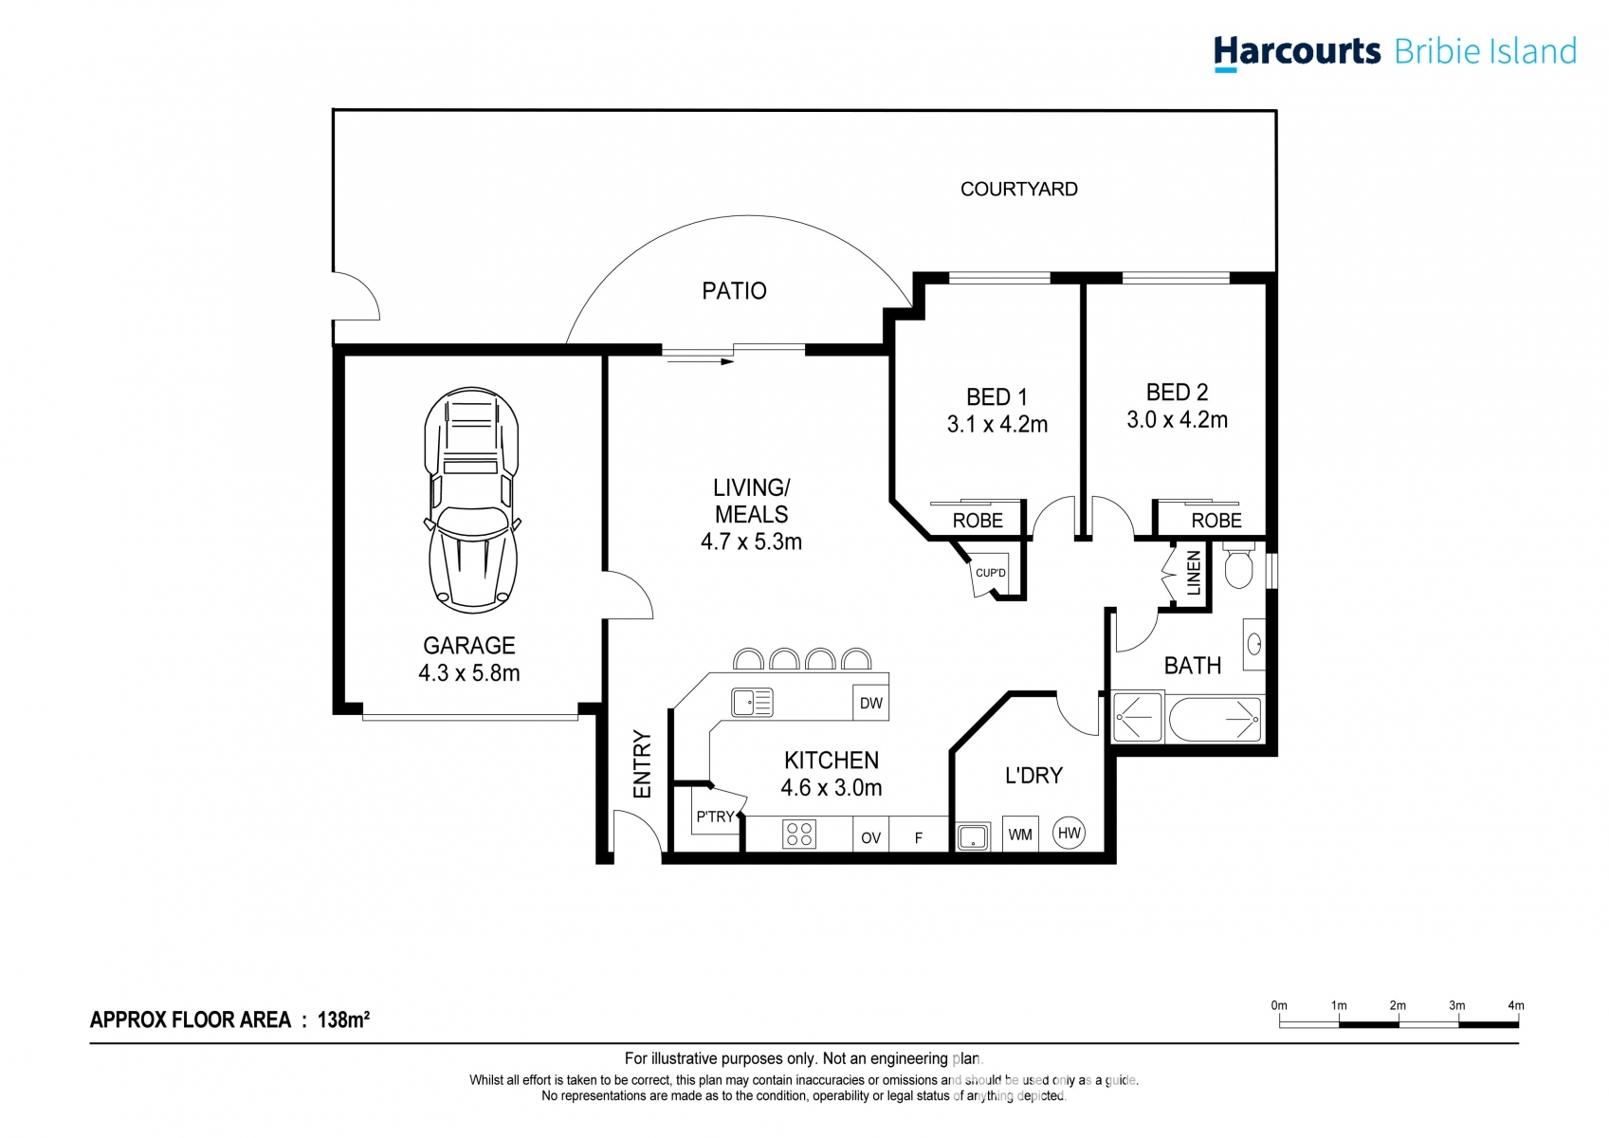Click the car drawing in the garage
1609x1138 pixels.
tap(471, 500)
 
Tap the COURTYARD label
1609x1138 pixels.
tap(1018, 189)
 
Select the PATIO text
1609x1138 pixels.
tap(734, 291)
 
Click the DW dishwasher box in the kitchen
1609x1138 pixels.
tap(870, 703)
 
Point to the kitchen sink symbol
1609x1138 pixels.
tap(752, 702)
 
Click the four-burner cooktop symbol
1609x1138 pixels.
tap(799, 834)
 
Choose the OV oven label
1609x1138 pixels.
tap(870, 838)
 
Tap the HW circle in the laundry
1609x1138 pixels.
tap(1069, 833)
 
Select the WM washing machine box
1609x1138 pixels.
tap(1020, 835)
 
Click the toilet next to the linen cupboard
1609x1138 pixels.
tap(1238, 567)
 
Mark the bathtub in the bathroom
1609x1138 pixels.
tap(1215, 720)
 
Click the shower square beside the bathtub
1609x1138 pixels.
tap(1136, 718)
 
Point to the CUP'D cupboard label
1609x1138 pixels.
tap(990, 573)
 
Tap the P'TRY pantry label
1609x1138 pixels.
tap(715, 817)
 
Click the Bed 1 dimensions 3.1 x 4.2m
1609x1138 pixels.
tap(996, 425)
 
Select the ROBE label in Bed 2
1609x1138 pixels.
tap(1216, 521)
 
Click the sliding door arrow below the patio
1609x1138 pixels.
tap(699, 361)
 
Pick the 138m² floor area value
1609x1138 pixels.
tap(343, 1019)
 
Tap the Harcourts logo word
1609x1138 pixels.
tap(1296, 50)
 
